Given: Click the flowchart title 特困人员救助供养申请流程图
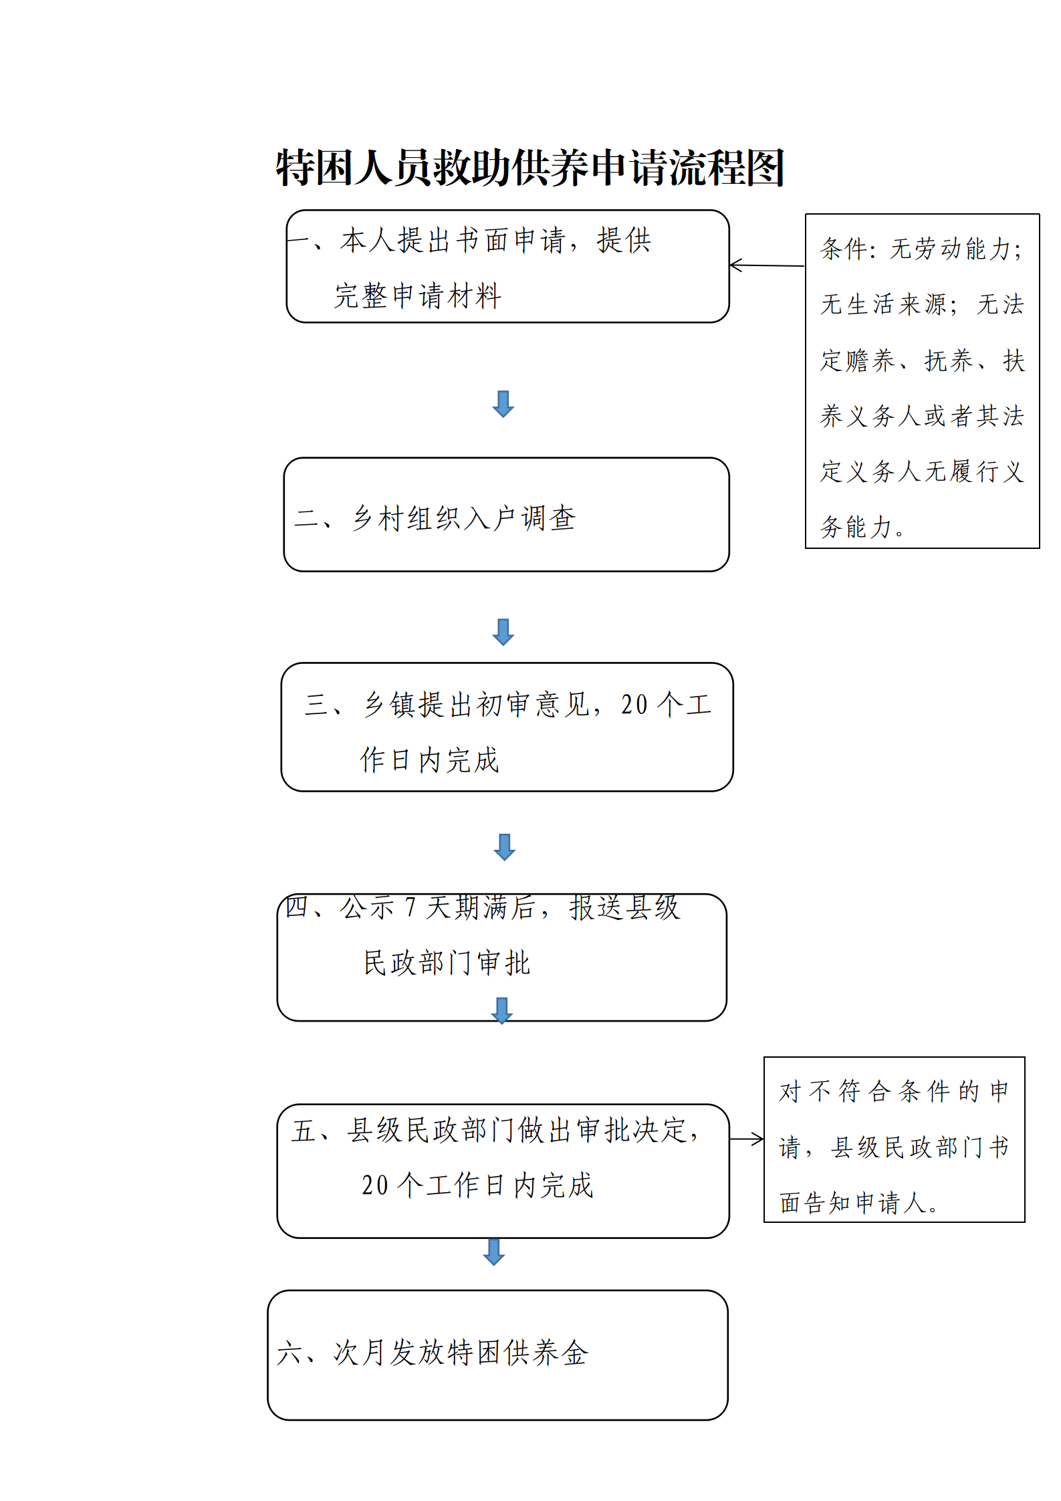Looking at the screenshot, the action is coord(530,167).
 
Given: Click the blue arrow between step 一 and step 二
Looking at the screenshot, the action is coord(503,404).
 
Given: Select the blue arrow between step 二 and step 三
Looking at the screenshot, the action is coord(503,632).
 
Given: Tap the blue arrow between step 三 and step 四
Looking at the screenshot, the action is coord(504,847).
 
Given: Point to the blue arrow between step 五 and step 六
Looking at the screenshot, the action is coord(493,1252).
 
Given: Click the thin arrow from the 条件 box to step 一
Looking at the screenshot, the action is coord(767,265).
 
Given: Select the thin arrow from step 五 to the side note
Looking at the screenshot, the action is coord(746,1139).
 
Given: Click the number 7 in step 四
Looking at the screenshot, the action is coord(410,907).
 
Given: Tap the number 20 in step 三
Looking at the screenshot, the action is coord(634,705).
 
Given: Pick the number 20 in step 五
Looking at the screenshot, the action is coord(375,1185).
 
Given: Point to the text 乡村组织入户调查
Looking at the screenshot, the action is coord(464,518).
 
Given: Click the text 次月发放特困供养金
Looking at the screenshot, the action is coord(461,1353).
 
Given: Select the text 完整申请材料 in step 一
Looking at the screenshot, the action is coord(418,296).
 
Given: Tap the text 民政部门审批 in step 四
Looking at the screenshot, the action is coord(447,963).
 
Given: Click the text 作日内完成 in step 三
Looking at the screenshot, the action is coord(429,760).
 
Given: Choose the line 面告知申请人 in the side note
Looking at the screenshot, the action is coord(858,1203).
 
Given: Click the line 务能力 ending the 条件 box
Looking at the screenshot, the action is coord(862,527).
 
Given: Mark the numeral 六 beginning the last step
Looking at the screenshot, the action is coord(290,1353).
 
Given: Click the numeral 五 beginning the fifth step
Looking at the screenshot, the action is coord(304,1131).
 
